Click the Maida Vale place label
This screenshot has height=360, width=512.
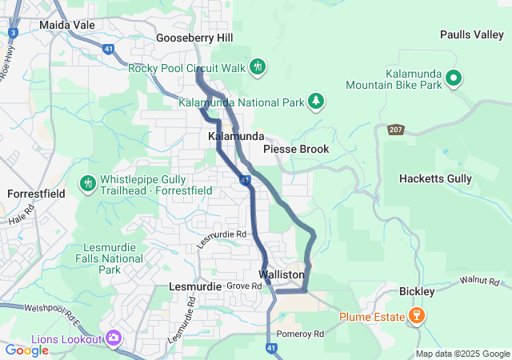pyautogui.click(x=66, y=25)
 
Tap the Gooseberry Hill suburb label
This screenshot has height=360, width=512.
pyautogui.click(x=194, y=38)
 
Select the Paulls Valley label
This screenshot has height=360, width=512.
pyautogui.click(x=472, y=34)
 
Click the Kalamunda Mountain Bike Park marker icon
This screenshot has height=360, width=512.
pyautogui.click(x=454, y=78)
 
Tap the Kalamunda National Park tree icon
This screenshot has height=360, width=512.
pyautogui.click(x=317, y=100)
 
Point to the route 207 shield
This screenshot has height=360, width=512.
pyautogui.click(x=398, y=129)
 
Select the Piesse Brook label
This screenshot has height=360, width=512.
pyautogui.click(x=296, y=149)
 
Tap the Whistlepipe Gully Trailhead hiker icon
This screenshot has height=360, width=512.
pyautogui.click(x=87, y=184)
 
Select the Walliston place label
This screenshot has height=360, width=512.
pyautogui.click(x=282, y=274)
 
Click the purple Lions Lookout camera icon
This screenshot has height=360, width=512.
pyautogui.click(x=113, y=338)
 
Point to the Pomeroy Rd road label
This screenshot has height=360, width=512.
pyautogui.click(x=299, y=334)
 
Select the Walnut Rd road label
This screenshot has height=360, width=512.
pyautogui.click(x=480, y=282)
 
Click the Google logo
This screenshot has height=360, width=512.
pyautogui.click(x=27, y=350)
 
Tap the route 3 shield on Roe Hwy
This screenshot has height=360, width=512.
pyautogui.click(x=13, y=32)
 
